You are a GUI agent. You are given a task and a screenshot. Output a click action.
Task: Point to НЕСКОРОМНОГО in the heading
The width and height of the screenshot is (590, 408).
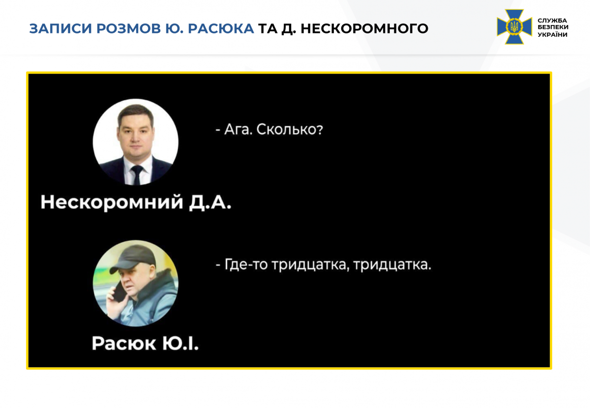(x=364, y=28)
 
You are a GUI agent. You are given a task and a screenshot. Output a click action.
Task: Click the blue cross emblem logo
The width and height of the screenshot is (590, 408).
(x=514, y=27)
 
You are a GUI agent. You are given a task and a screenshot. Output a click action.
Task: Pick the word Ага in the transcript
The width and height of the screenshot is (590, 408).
(x=236, y=130)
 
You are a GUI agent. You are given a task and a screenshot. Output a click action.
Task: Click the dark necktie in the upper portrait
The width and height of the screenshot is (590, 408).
(x=136, y=175)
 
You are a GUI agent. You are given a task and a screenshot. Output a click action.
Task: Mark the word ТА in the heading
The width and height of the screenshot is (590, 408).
(x=268, y=28)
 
